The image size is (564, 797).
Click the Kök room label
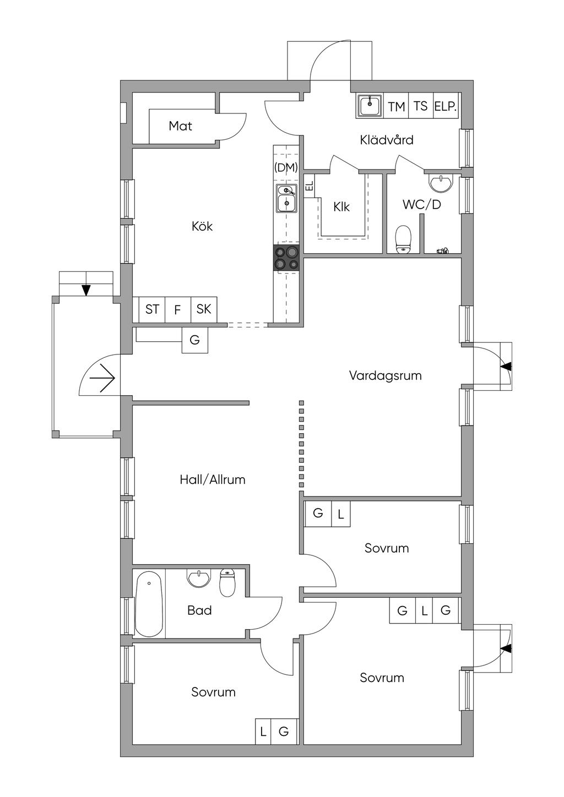202,226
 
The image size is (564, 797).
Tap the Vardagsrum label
385,376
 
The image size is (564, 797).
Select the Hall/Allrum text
213,479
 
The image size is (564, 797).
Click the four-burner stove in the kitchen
286,258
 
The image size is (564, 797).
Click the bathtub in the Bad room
149,604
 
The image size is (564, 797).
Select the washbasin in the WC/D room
441,182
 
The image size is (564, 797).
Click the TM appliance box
397,106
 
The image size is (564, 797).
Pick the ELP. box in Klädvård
446,106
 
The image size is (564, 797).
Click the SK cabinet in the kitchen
204,309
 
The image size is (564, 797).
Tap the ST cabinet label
152,309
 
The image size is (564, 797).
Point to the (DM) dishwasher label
286,167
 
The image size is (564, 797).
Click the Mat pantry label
180,126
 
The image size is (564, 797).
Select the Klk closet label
341,207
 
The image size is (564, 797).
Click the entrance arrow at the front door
102,378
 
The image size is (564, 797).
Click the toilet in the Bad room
226,582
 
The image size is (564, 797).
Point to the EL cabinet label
310,185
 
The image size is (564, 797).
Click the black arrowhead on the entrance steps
86,290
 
